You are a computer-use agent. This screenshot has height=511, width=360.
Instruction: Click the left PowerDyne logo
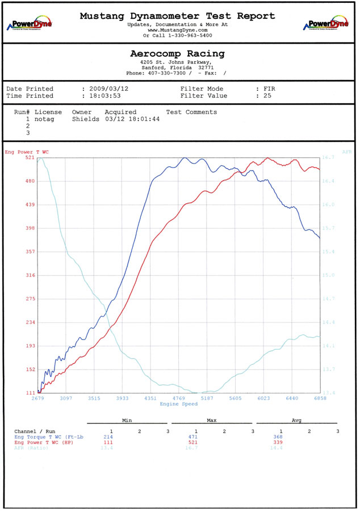(29, 24)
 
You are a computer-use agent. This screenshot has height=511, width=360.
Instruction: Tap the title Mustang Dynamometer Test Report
(177, 16)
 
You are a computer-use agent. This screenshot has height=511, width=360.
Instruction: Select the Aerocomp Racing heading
(177, 54)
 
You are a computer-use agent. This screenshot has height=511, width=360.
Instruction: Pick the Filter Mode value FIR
(270, 89)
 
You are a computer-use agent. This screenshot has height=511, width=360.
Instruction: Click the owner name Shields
(86, 119)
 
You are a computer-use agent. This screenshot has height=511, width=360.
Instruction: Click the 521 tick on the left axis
(30, 157)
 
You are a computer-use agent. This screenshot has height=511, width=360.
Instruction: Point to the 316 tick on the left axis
(30, 275)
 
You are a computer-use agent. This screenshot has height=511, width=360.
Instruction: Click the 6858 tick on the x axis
(320, 399)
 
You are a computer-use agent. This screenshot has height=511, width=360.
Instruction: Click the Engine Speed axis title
(178, 404)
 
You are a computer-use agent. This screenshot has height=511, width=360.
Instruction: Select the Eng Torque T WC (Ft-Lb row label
(49, 437)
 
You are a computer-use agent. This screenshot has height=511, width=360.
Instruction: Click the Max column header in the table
(212, 421)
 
